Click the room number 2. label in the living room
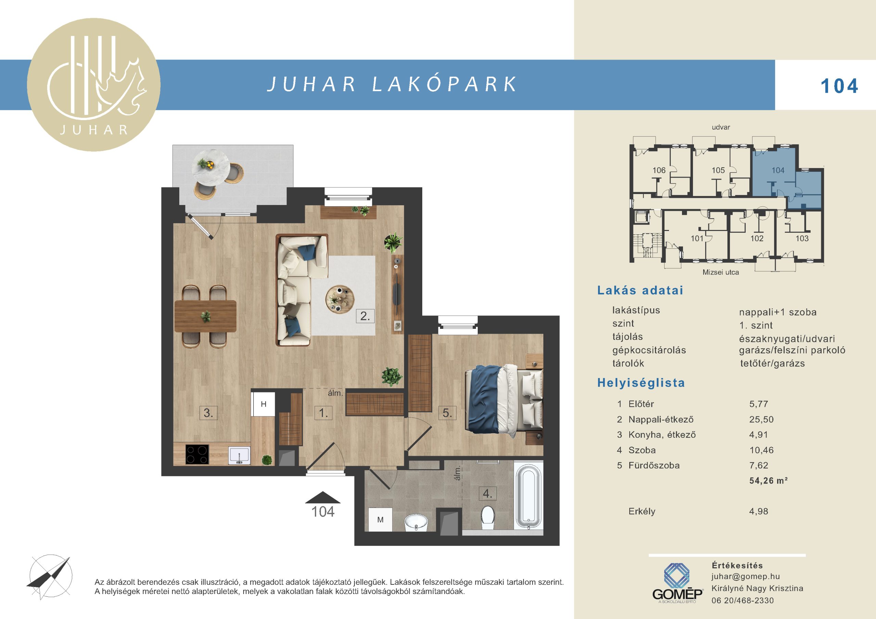(365, 316)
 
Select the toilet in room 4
(488, 517)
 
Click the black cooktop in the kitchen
(197, 454)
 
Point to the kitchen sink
(239, 456)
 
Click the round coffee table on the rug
(340, 300)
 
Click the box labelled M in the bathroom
(380, 519)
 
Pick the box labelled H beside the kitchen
(263, 404)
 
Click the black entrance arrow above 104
(323, 497)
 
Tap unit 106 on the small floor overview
(659, 170)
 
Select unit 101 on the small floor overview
(697, 238)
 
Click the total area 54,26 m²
(769, 480)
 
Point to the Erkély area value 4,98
(759, 511)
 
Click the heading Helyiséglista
(641, 383)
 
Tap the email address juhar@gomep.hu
(746, 577)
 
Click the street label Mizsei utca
(721, 272)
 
